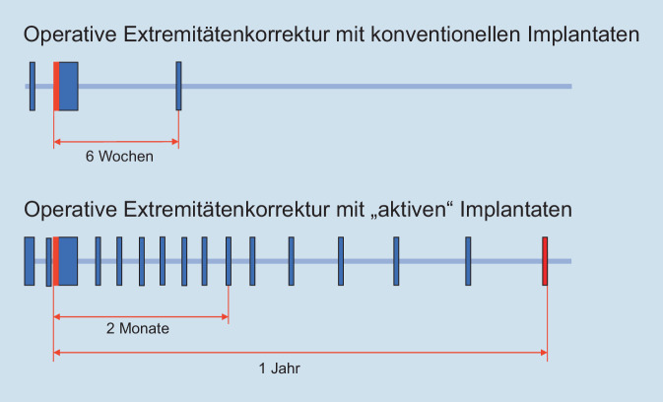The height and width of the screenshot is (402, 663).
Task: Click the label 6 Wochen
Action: (x=119, y=156)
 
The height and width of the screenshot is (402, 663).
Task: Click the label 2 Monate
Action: (x=138, y=329)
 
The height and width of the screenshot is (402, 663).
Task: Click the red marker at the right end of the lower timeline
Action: (x=545, y=261)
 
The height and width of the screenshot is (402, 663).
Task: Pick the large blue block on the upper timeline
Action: (x=68, y=87)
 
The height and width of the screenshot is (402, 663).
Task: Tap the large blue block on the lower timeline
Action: (x=68, y=261)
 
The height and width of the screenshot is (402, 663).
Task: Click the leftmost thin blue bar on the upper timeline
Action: (x=32, y=86)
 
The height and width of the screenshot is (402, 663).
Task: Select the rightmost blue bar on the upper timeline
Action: (x=178, y=86)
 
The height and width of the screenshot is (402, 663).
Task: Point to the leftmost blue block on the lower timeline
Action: (x=29, y=261)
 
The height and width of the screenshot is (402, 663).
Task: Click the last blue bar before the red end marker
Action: (x=468, y=261)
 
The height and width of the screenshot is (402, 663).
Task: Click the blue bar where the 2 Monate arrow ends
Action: (x=228, y=261)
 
